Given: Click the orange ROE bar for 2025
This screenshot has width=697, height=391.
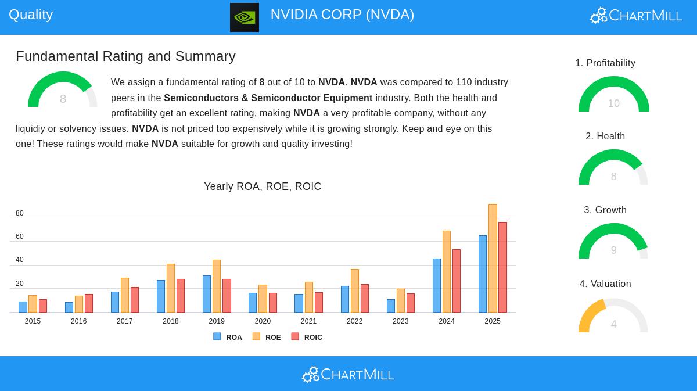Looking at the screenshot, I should [493, 258].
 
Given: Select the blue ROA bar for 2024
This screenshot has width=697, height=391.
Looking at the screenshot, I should [437, 285].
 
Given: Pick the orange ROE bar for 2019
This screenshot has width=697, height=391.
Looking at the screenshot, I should [217, 286].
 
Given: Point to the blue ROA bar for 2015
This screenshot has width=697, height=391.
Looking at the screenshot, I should [23, 307].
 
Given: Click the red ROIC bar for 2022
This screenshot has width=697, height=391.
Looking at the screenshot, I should [365, 298].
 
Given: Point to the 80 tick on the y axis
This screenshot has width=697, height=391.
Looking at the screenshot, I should [20, 213].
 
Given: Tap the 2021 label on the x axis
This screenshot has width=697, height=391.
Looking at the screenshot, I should [308, 321].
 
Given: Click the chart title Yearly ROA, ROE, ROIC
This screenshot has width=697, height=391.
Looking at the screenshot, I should [263, 186].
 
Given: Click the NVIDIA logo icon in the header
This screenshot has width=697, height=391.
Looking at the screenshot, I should [245, 17].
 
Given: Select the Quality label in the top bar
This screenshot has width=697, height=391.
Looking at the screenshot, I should [31, 15].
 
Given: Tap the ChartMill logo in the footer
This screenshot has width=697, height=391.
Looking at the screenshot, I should [348, 374].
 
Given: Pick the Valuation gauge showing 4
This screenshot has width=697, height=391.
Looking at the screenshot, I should [613, 317].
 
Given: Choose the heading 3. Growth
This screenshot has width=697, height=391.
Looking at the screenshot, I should [605, 210].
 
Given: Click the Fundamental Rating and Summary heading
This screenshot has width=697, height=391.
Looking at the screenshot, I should [125, 56].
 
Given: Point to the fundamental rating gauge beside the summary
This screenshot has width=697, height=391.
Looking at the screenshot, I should [63, 91].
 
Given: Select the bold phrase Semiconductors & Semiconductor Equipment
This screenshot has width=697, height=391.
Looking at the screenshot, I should [268, 98].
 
